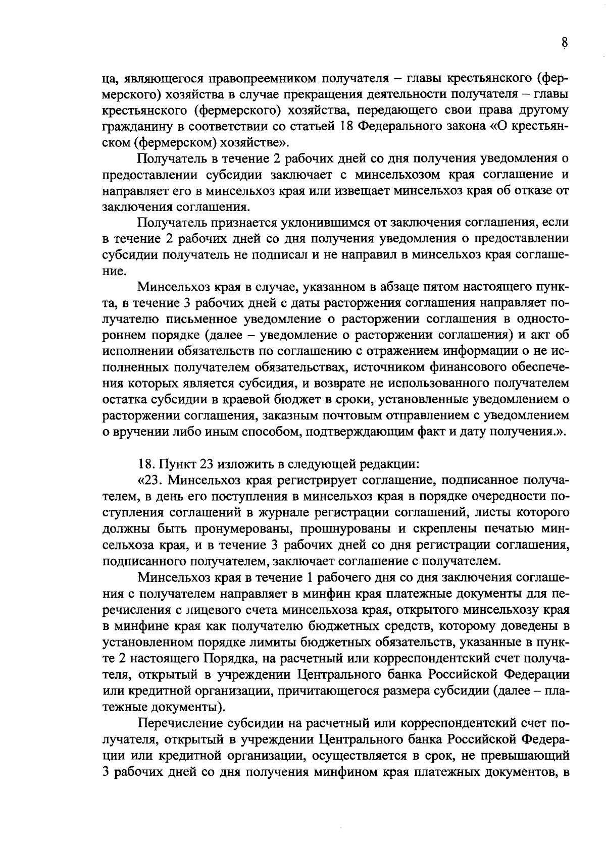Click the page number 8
[565, 43]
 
